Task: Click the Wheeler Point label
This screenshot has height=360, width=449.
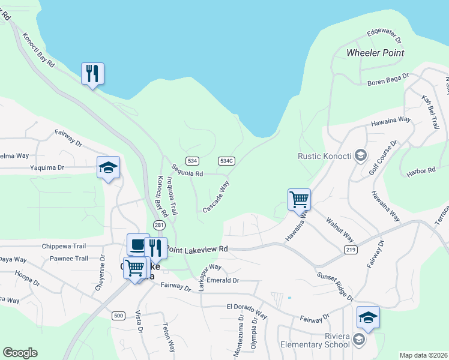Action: pyautogui.click(x=375, y=53)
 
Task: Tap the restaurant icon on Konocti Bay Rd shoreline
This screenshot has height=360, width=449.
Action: pyautogui.click(x=92, y=74)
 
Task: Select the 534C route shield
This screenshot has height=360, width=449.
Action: pyautogui.click(x=226, y=161)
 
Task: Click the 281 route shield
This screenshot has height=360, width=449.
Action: pyautogui.click(x=158, y=225)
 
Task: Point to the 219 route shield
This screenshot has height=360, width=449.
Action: pyautogui.click(x=351, y=249)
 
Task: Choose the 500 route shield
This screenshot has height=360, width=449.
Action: pyautogui.click(x=118, y=316)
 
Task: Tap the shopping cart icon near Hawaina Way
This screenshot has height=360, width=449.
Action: pyautogui.click(x=299, y=199)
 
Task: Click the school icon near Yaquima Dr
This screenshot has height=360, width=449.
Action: pyautogui.click(x=109, y=167)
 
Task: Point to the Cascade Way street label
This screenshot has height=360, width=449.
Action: pyautogui.click(x=216, y=197)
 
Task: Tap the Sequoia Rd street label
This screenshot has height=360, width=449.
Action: pyautogui.click(x=187, y=170)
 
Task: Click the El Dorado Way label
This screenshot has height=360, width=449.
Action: pyautogui.click(x=246, y=310)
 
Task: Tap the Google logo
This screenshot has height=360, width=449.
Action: pyautogui.click(x=20, y=353)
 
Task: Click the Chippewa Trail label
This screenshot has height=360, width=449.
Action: pyautogui.click(x=64, y=246)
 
